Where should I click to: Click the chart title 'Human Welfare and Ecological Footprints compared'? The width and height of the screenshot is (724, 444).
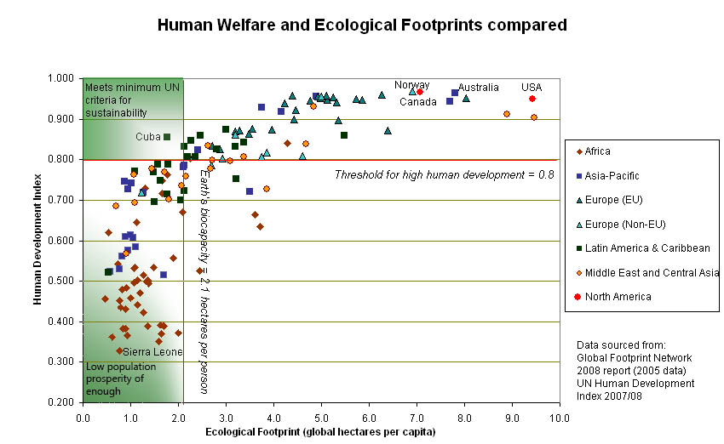coord(362,26)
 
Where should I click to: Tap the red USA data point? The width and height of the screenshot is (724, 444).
coord(532,99)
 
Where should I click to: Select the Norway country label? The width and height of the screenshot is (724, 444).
coord(411,85)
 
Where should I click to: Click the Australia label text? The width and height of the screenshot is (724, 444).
coord(478,88)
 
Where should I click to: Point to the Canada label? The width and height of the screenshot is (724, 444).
coord(418,102)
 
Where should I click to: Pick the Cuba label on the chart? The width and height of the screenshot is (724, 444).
coord(147,137)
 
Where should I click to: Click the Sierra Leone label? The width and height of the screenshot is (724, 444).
coord(152,351)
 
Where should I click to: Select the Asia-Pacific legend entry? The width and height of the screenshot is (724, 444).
coord(611,175)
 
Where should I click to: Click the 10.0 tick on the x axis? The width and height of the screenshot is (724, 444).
coord(559,418)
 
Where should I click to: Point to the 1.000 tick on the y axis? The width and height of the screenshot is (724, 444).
coord(61,79)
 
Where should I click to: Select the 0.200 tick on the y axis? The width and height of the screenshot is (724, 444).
coord(61,402)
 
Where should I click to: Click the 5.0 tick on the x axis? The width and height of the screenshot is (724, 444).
coord(320,418)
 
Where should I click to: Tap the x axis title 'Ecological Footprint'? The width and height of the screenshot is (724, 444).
coord(320,432)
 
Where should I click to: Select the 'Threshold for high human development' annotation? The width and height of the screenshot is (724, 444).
coord(444,175)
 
